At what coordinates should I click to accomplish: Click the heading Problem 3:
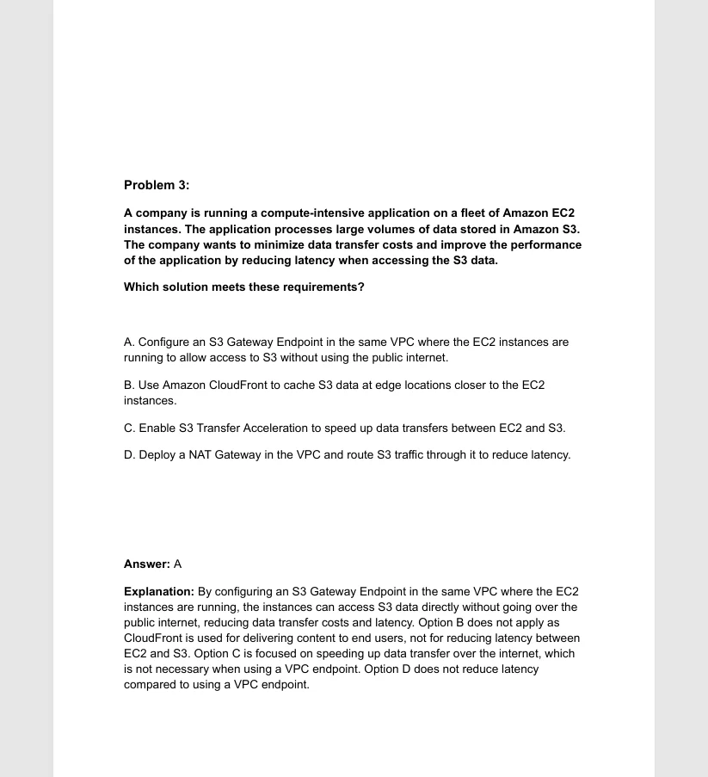(157, 185)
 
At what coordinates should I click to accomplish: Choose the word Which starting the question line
(141, 287)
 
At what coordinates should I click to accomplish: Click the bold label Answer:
(147, 564)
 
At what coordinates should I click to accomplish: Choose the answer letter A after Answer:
(178, 564)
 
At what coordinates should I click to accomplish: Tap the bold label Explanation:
(159, 591)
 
